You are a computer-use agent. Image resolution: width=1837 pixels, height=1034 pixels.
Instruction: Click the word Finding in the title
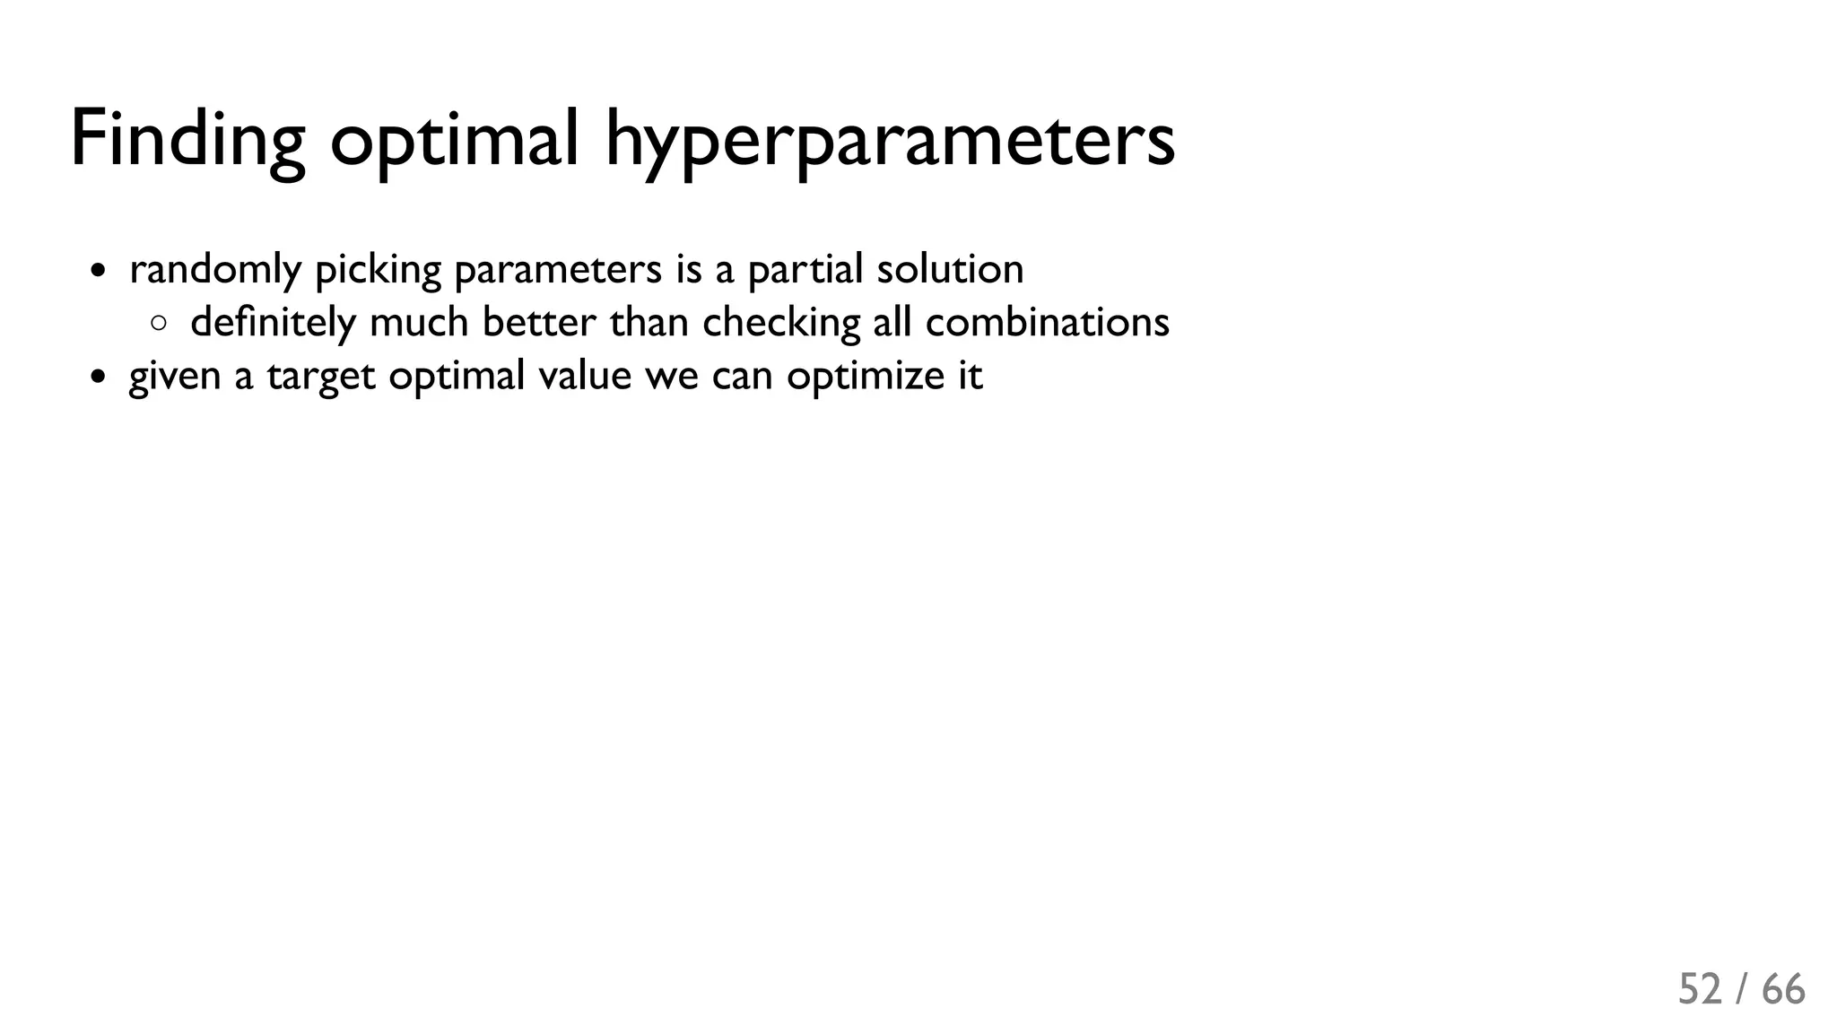click(187, 139)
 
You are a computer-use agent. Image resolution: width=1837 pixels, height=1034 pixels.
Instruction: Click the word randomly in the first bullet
click(215, 270)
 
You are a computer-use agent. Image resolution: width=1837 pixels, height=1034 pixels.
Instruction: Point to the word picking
click(379, 271)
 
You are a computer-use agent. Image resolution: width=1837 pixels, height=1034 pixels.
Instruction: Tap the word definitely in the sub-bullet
click(273, 323)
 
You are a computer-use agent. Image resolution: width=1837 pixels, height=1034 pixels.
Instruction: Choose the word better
click(538, 322)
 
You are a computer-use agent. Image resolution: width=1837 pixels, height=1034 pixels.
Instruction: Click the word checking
click(780, 323)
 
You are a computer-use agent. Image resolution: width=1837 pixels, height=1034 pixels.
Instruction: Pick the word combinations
click(1047, 322)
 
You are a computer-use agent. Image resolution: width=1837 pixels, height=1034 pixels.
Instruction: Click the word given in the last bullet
click(175, 376)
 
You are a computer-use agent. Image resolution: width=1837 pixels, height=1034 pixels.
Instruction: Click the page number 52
click(1700, 989)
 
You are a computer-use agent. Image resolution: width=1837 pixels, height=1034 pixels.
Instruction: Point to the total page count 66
click(1783, 989)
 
